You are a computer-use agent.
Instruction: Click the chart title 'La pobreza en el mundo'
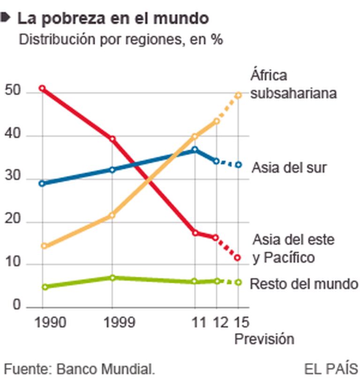[112, 18]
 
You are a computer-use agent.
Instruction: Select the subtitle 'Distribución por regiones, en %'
[120, 39]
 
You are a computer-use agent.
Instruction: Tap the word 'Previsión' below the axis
[264, 339]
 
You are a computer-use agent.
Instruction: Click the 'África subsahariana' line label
[293, 84]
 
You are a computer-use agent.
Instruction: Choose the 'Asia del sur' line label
[289, 167]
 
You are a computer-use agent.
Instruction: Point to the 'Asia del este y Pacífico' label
[294, 249]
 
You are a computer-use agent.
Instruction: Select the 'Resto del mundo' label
[304, 284]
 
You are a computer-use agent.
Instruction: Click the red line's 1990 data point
[42, 88]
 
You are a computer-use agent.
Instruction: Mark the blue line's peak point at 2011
[195, 149]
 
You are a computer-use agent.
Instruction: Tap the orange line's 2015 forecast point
[238, 95]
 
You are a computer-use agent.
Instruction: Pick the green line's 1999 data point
[112, 278]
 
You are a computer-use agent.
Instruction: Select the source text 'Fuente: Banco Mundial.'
[79, 368]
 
